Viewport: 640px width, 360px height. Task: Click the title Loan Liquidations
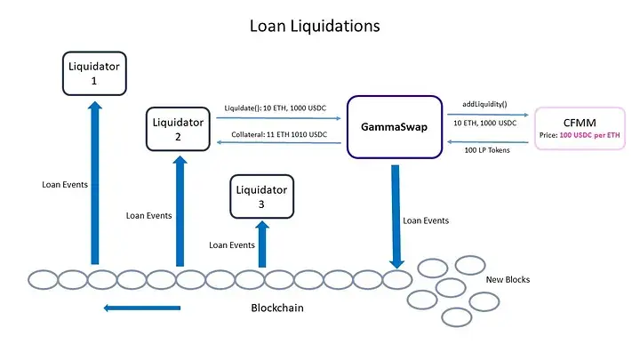point(314,26)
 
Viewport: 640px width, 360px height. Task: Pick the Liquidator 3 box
point(260,196)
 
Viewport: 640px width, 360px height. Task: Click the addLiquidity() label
point(484,104)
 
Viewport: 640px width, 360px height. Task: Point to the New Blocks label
point(508,280)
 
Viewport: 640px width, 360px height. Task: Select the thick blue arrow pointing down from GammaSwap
point(396,213)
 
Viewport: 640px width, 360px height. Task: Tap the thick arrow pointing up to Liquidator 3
point(261,244)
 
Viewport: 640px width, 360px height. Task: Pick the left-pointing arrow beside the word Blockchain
point(142,308)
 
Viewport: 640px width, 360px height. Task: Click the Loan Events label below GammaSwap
point(426,220)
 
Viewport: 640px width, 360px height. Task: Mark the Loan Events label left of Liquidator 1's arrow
point(65,185)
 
